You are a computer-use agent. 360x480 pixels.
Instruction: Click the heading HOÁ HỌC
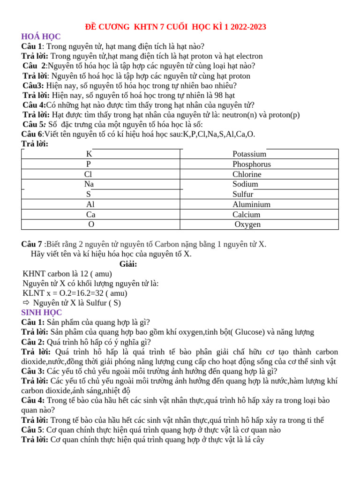tap(41, 37)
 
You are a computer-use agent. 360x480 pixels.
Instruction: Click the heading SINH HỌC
tap(41, 312)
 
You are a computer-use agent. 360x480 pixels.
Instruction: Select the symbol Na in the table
tap(89, 184)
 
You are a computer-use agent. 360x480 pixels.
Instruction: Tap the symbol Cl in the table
tap(88, 174)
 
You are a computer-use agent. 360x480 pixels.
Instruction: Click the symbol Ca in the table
tap(90, 215)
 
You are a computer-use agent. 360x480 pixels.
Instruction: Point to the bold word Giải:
tap(128, 264)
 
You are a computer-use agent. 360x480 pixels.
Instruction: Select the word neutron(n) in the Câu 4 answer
tap(243, 115)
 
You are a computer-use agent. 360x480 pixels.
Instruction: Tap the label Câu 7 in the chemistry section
tap(31, 244)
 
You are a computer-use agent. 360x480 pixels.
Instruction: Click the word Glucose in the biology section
tap(249, 332)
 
